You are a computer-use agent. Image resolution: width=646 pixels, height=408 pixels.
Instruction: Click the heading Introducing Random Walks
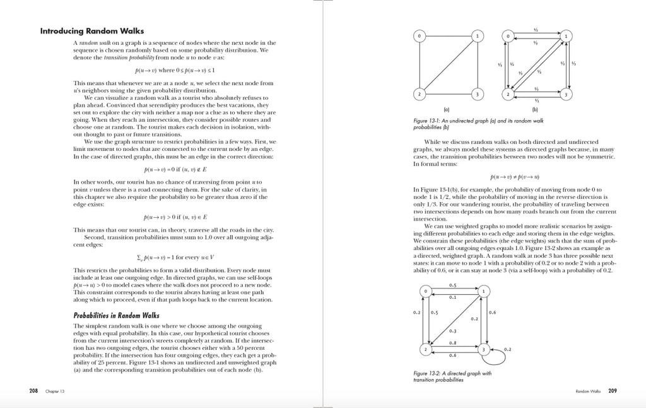tap(92, 30)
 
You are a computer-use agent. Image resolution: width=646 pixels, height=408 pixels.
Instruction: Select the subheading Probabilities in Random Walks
tap(116, 315)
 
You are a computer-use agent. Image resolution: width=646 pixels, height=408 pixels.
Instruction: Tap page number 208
tap(34, 391)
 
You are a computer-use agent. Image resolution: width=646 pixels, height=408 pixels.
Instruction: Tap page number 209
tap(612, 391)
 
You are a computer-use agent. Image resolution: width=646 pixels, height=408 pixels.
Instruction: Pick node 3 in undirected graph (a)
tap(478, 95)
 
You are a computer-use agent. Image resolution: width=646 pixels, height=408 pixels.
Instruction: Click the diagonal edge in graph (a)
tap(449, 65)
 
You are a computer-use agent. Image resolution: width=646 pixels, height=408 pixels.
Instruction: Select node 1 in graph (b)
tap(566, 36)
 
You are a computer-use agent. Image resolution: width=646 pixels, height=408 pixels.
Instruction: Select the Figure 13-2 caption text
tap(452, 376)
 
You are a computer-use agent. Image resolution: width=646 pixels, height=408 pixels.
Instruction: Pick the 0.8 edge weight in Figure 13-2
tap(453, 342)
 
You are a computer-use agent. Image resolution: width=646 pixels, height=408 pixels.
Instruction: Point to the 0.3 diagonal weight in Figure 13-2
tap(453, 331)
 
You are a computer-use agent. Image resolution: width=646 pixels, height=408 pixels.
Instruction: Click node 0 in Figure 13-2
tap(426, 291)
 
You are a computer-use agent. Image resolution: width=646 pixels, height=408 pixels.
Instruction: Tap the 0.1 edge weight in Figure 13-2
tap(453, 297)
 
